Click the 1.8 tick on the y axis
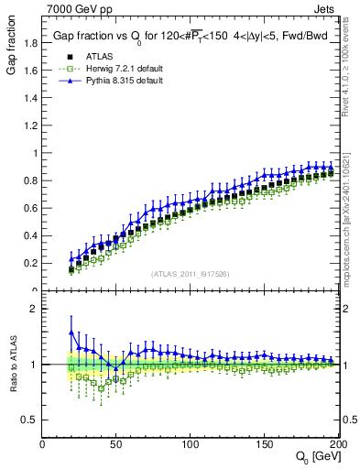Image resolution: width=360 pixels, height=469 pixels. tap(30, 42)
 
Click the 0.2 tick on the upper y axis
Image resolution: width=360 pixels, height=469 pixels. tap(30, 263)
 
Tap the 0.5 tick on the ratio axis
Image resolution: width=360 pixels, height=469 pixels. tap(30, 420)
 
